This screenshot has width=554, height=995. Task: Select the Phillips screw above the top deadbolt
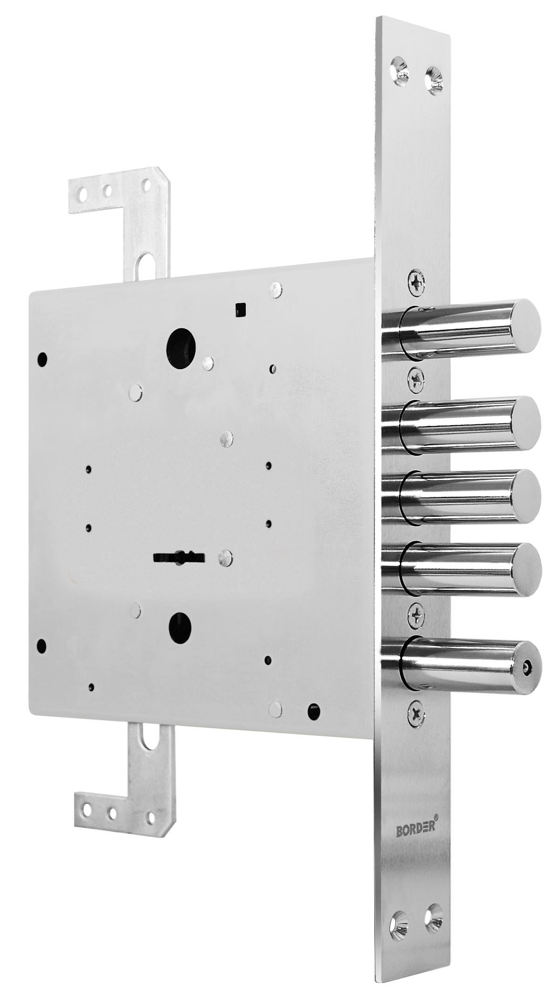[x=417, y=282]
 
